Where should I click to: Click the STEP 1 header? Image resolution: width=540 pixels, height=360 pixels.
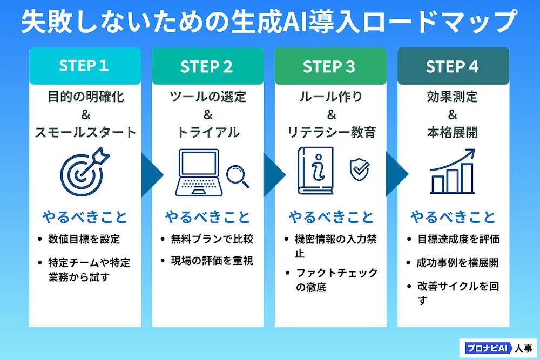pos(85,66)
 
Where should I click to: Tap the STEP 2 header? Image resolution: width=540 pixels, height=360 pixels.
pos(207,66)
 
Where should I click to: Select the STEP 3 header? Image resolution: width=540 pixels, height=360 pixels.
pos(330,66)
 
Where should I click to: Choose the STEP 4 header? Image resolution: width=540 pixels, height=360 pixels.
pos(453,66)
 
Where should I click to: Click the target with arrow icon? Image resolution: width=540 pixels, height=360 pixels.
pos(84,172)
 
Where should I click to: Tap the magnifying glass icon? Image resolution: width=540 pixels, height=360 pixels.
pos(238,176)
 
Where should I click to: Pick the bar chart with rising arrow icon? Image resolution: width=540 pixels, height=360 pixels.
pos(453,172)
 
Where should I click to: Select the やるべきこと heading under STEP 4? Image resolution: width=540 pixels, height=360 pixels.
pos(453,217)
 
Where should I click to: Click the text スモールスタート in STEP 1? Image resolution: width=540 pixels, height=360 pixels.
pos(85,132)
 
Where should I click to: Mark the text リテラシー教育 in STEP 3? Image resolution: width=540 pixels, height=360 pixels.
pos(330,132)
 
